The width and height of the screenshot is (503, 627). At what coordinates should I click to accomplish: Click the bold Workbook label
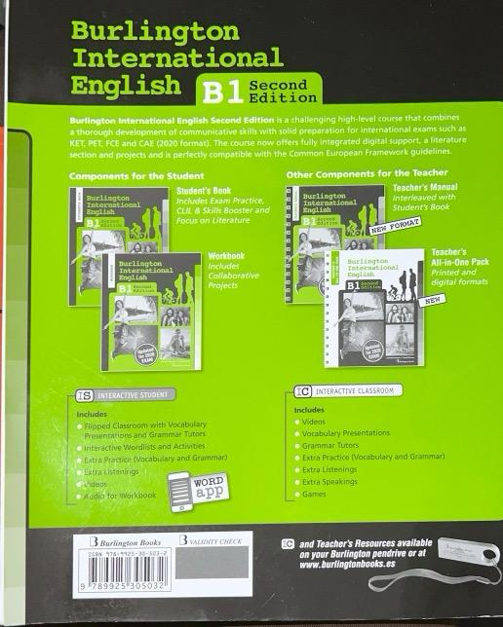pos(226,255)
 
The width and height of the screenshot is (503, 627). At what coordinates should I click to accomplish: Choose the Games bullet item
pos(315,495)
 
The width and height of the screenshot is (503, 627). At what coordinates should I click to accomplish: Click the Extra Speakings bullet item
pos(330,481)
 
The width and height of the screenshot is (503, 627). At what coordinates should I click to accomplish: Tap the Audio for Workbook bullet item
pos(119,497)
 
